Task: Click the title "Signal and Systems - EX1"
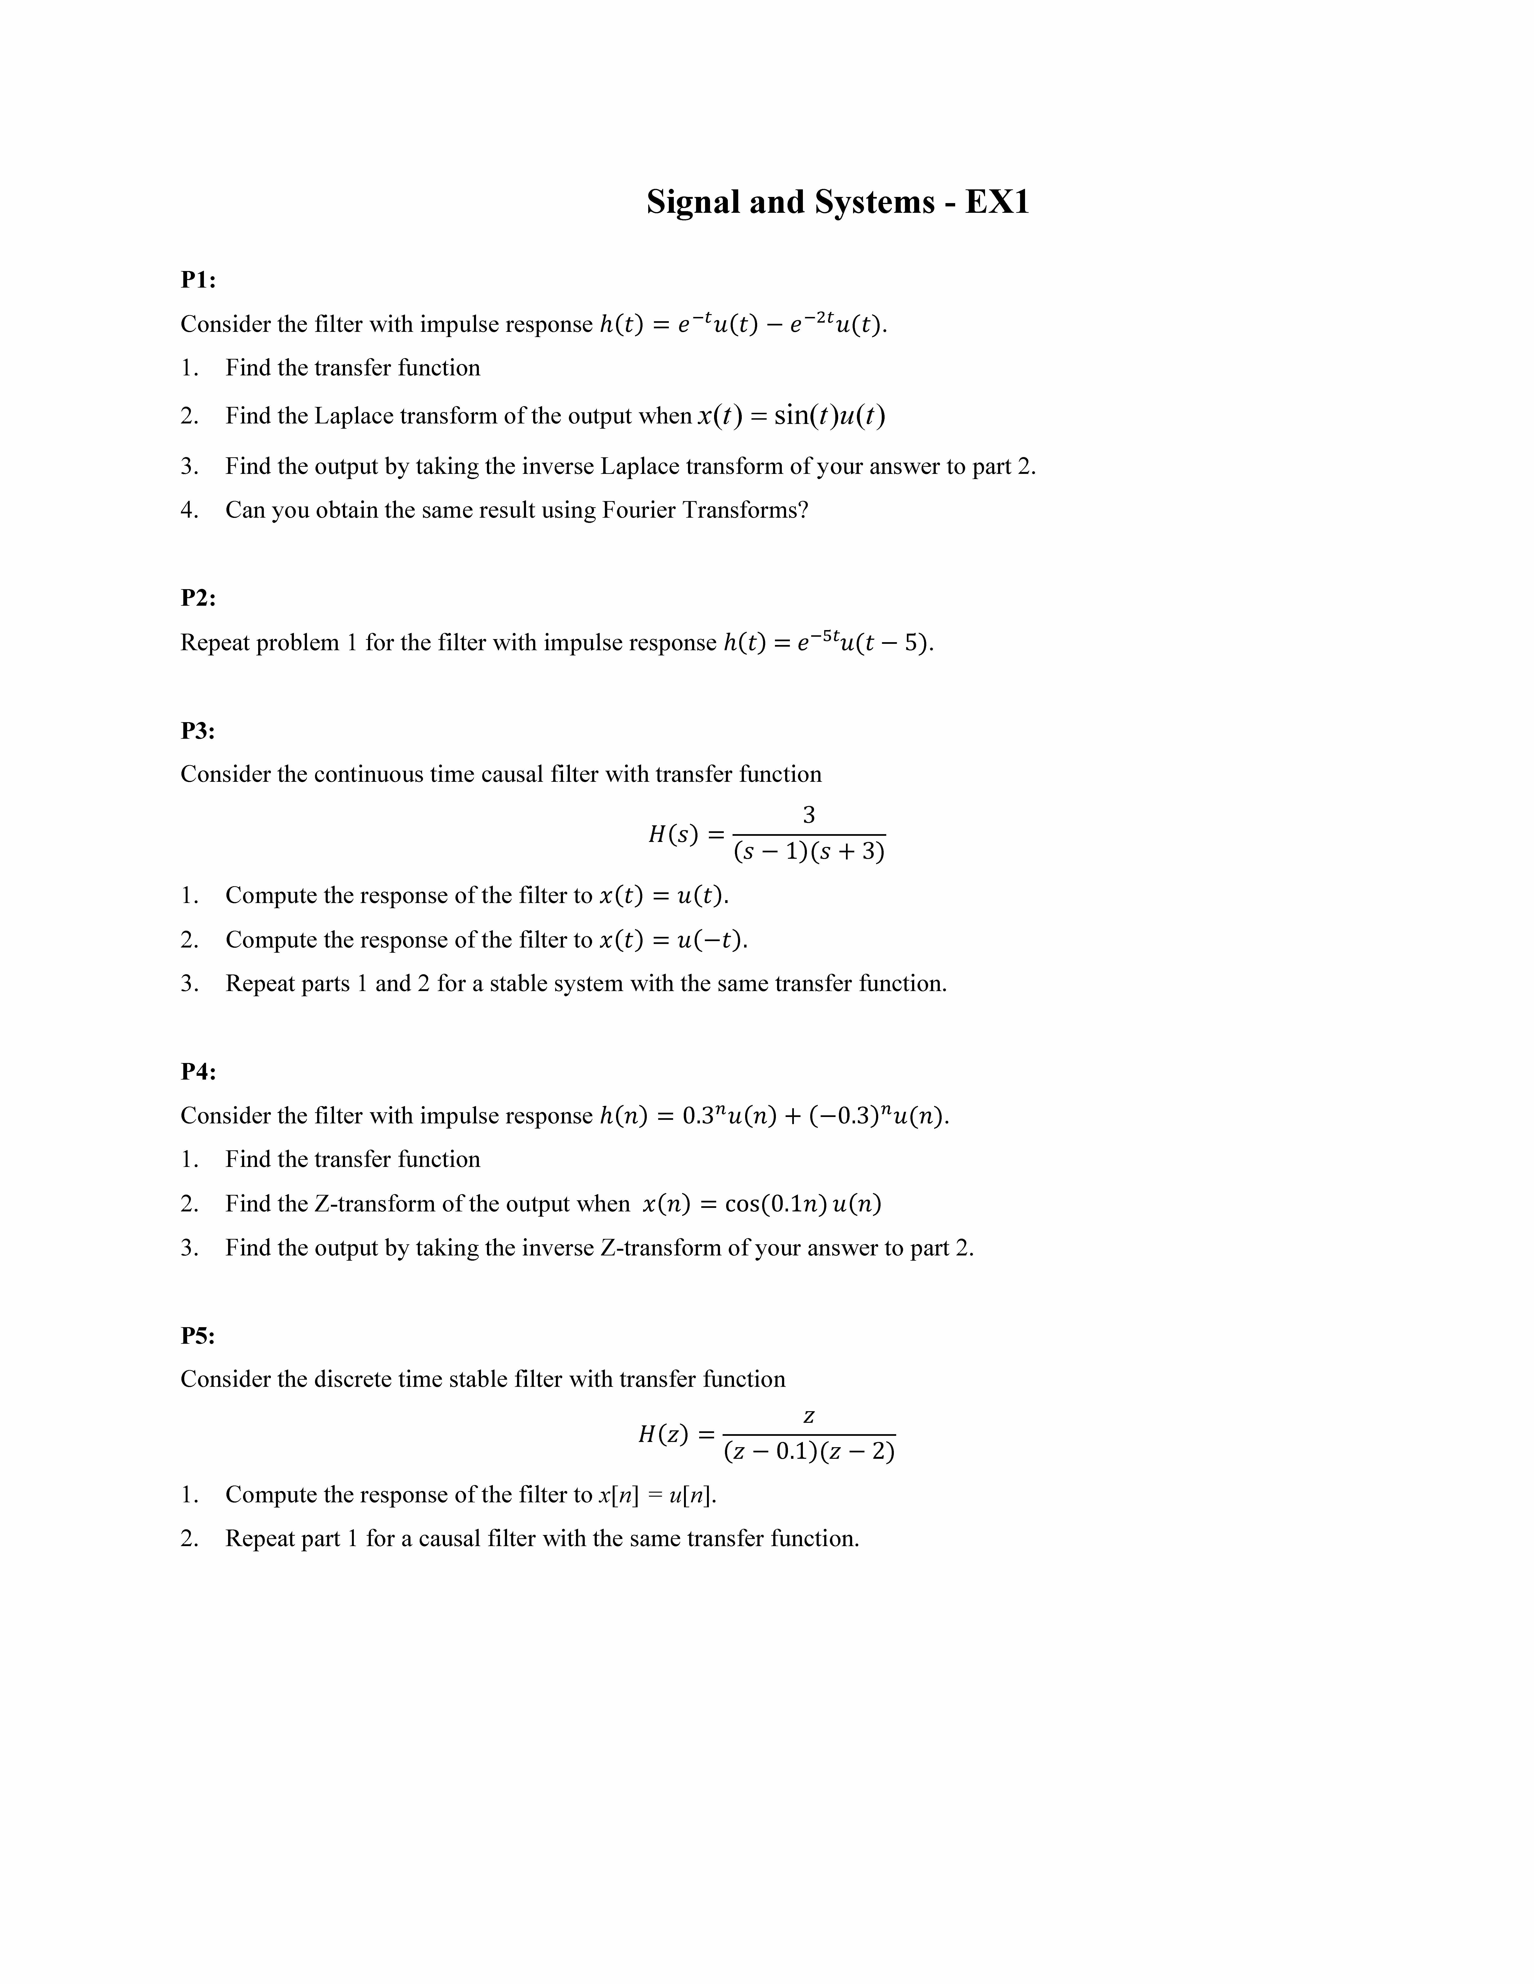pos(837,202)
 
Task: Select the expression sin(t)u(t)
pos(830,416)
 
